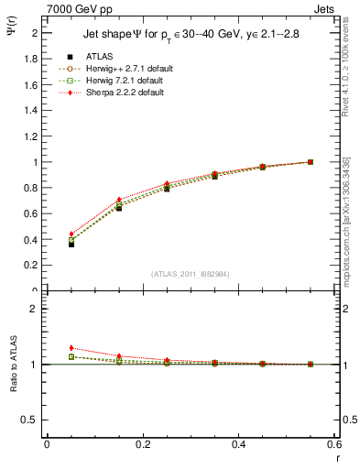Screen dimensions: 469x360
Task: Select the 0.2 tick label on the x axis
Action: coord(142,446)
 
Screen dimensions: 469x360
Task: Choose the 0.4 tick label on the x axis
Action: coord(238,446)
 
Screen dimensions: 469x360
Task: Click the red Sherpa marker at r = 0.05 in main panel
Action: coord(71,234)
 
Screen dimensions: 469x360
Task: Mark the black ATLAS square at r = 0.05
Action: coord(71,245)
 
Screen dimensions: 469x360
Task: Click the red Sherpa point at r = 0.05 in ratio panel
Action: coord(71,348)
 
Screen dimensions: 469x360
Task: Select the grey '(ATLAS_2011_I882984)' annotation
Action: coord(191,273)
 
